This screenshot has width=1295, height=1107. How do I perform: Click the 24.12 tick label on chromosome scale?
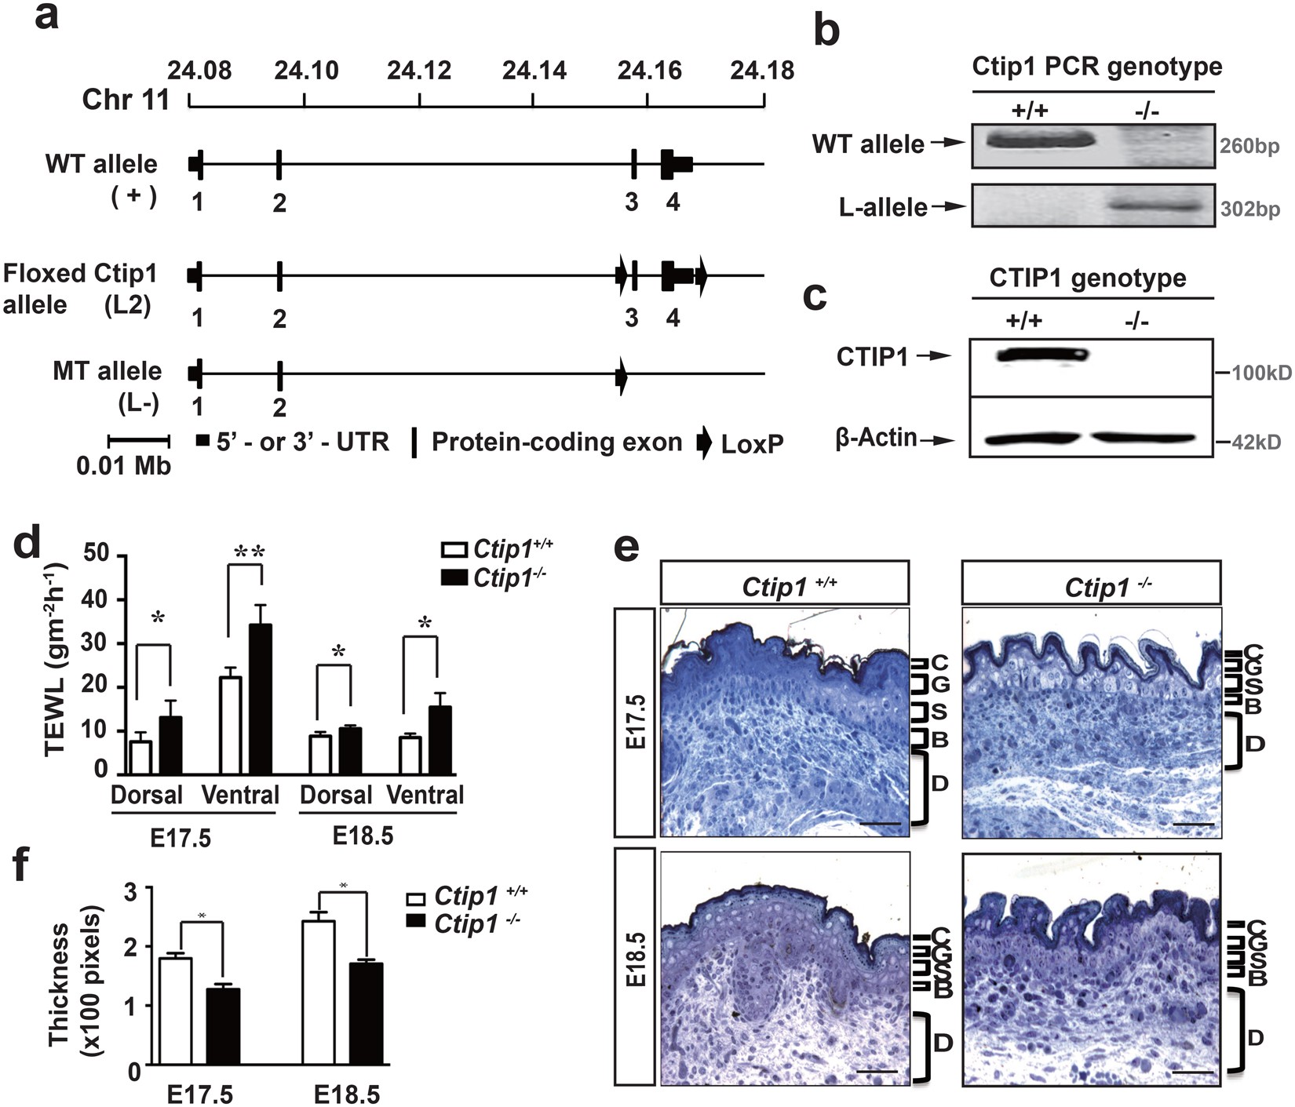[419, 71]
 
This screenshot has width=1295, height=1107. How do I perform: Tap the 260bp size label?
[1249, 147]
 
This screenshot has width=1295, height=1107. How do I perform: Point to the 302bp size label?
[1249, 209]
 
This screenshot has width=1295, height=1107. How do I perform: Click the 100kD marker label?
[1260, 372]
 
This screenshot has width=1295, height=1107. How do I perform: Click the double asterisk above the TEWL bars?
[250, 552]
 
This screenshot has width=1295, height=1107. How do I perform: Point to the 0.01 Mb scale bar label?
[124, 465]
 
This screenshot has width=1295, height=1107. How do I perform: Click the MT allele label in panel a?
[108, 370]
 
